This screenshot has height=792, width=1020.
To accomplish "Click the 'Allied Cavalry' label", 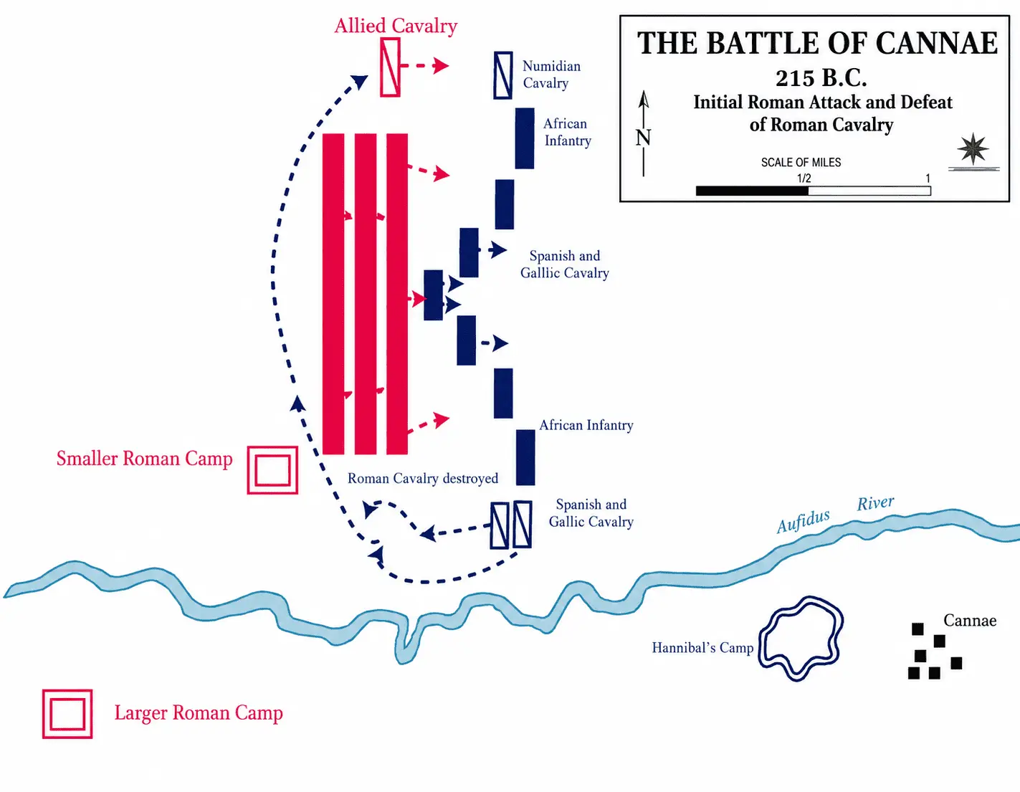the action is pos(396,27).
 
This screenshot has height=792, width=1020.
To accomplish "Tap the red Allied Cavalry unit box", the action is pos(390,67).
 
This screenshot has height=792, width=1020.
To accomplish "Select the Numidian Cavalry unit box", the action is pos(502,75).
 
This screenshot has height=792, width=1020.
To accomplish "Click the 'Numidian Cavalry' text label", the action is pos(551,75).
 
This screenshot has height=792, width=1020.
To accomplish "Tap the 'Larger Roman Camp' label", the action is pos(199,713).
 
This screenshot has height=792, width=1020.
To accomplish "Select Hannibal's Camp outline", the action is pos(761,638).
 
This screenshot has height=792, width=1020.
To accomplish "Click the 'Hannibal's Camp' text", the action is pos(702,648).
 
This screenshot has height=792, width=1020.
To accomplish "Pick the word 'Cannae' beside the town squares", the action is pos(970,621).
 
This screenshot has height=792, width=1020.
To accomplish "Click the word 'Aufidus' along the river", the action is pos(803,521).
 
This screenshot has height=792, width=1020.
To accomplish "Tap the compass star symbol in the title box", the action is pos(973,149).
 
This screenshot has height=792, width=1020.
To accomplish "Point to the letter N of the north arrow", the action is pos(643,138).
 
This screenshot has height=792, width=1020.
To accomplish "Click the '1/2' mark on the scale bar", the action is pos(804,178).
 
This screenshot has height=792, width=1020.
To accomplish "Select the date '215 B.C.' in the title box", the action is pos(821,78).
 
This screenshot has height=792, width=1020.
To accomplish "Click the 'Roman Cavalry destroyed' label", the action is pos(422,479).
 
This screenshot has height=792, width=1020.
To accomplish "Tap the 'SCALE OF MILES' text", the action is pos(801,162).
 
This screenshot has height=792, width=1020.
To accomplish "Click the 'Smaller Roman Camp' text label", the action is pos(145,459).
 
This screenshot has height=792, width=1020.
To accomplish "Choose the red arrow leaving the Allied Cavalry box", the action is pos(425,66).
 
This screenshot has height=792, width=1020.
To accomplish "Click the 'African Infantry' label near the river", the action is pos(586,425).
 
